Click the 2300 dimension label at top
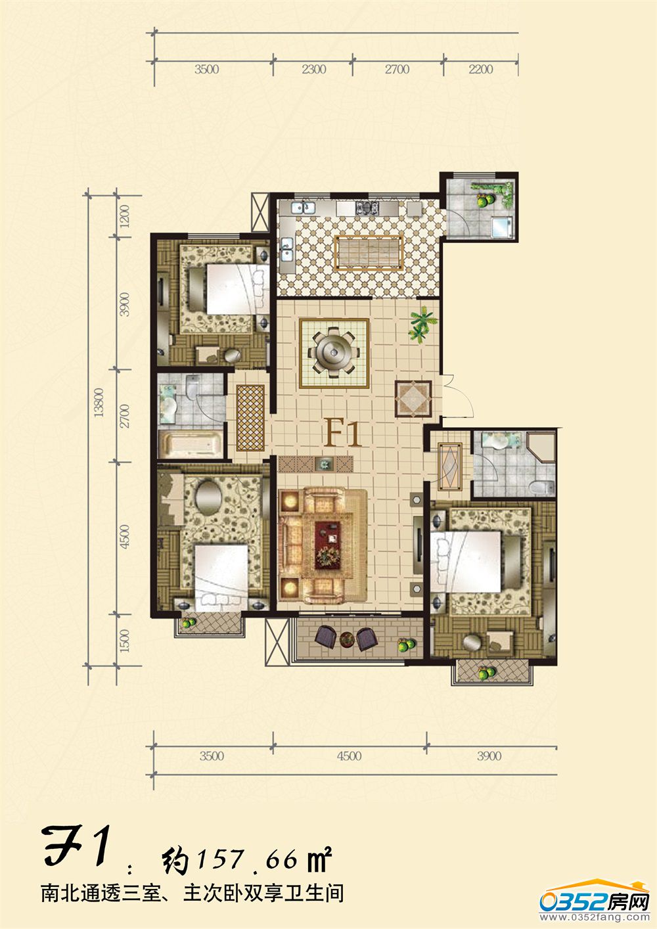point(314,69)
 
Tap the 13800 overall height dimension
point(99,403)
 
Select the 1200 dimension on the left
point(125,216)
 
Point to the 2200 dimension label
point(481,69)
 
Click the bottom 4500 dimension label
point(350,756)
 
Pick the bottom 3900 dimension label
point(489,756)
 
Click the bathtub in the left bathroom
point(191,445)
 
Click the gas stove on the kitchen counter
point(367,208)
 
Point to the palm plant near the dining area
point(423,323)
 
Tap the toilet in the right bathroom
point(543,487)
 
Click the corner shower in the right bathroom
point(541,446)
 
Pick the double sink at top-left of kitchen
point(303,207)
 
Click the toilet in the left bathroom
point(193,386)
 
